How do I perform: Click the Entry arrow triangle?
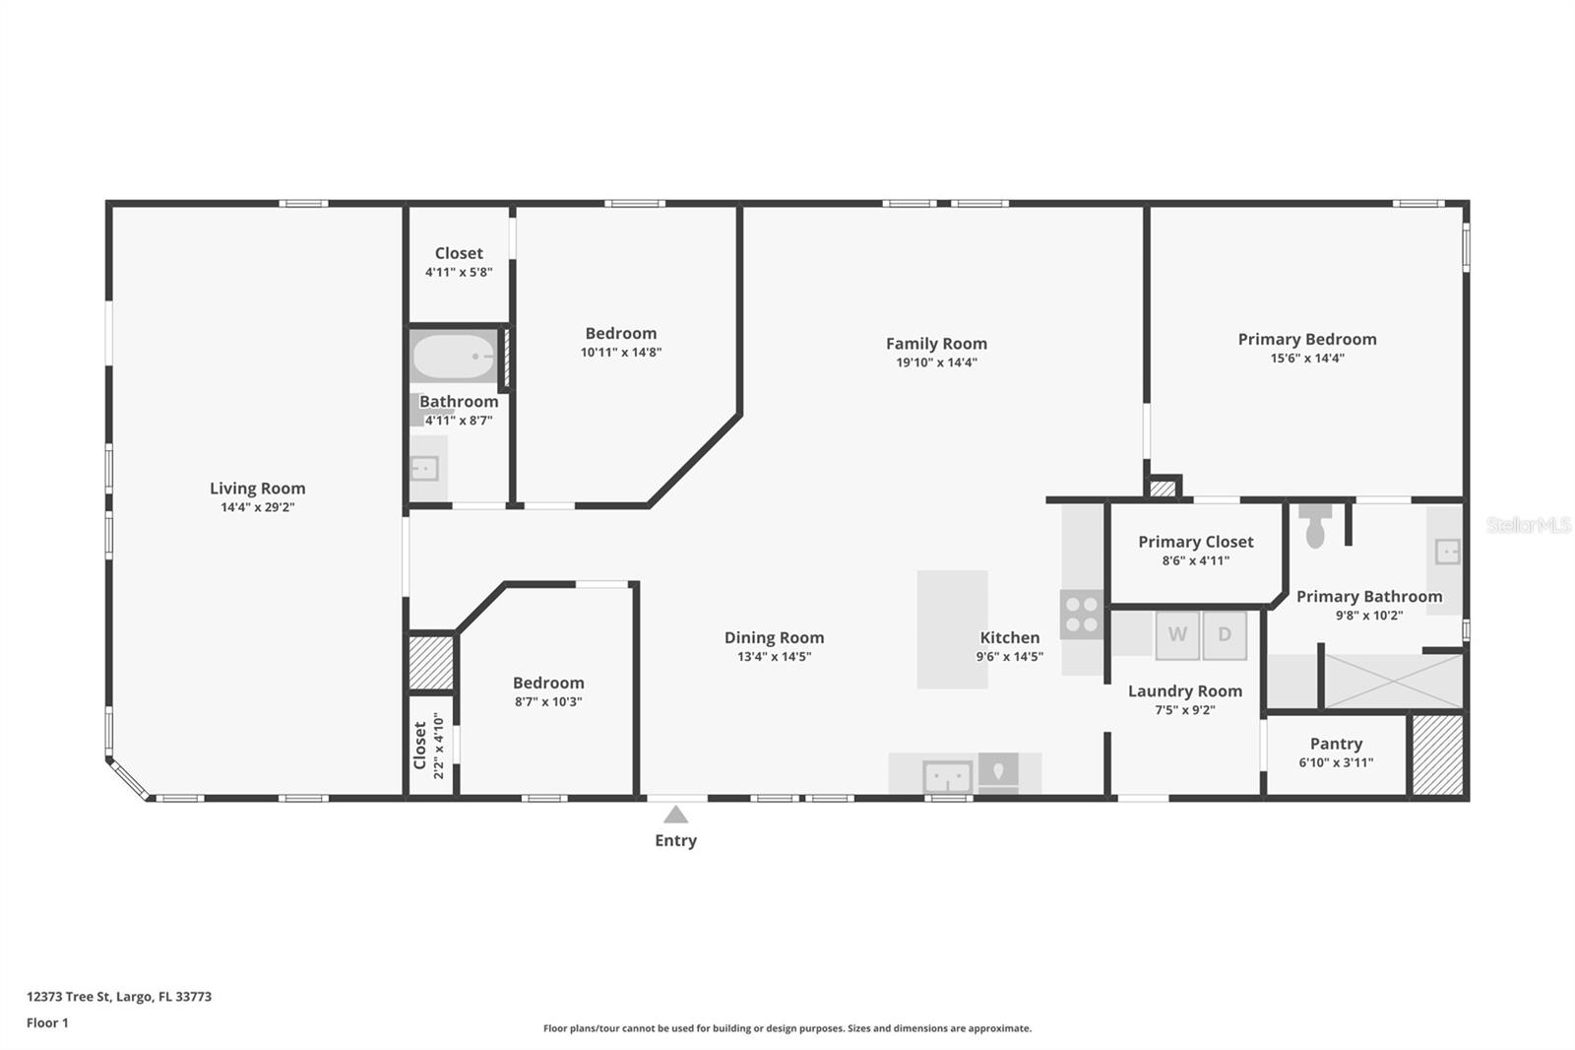click(x=675, y=815)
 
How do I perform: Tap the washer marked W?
click(x=1177, y=634)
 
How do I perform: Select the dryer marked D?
click(x=1225, y=634)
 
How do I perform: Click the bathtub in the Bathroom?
click(x=454, y=357)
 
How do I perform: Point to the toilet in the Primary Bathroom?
click(x=1315, y=525)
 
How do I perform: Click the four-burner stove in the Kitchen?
click(x=1082, y=615)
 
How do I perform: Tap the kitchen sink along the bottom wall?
click(x=948, y=777)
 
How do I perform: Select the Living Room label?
click(x=257, y=488)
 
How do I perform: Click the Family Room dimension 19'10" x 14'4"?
click(x=936, y=362)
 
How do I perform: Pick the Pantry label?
click(x=1336, y=743)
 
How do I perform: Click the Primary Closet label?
click(x=1195, y=542)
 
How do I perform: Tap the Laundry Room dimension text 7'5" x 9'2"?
click(x=1185, y=710)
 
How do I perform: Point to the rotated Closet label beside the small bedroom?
click(x=419, y=746)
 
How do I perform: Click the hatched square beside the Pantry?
click(x=1437, y=755)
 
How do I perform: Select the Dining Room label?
click(x=774, y=637)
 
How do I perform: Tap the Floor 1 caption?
click(x=47, y=1022)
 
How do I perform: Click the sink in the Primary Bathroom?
click(x=1447, y=552)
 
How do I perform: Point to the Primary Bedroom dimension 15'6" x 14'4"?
click(x=1307, y=359)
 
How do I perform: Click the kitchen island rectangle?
click(x=952, y=629)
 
